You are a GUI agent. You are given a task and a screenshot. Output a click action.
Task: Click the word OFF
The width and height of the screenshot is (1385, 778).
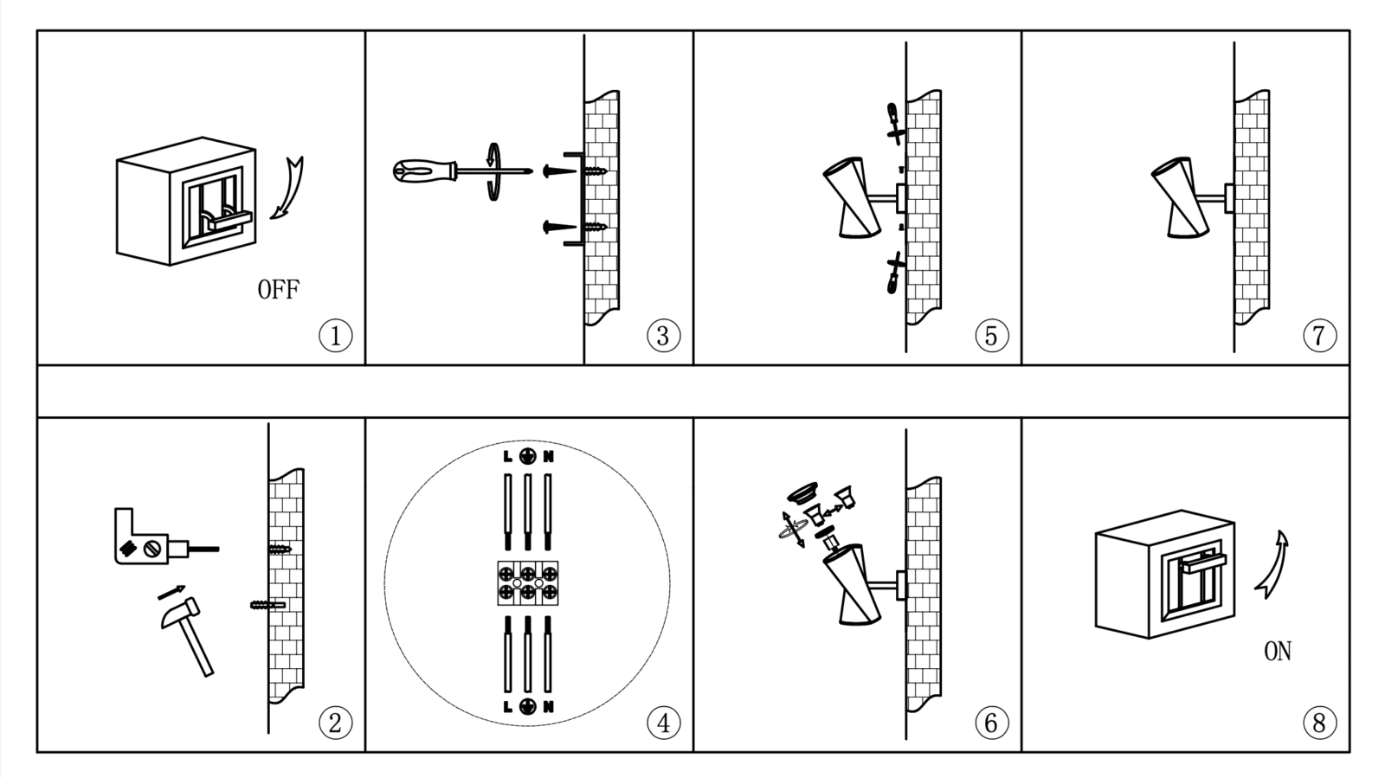pos(278,289)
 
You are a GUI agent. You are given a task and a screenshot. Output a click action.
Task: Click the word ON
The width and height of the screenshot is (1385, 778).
pos(1278,651)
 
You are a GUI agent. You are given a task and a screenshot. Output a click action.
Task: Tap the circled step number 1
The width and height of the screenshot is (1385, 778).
pos(335,336)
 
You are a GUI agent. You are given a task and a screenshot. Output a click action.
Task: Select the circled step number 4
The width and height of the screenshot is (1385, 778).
pos(663,723)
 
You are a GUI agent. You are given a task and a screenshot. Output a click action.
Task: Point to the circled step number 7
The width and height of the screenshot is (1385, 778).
pos(1319,336)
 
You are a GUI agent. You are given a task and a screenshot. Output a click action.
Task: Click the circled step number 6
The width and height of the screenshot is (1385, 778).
pos(991,723)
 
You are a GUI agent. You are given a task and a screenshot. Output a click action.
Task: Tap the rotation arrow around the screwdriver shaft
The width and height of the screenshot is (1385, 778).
pos(493,172)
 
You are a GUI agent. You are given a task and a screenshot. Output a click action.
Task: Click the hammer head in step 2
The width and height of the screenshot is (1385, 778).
pos(180,613)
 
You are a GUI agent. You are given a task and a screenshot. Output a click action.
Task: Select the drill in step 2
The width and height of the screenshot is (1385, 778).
pos(167,537)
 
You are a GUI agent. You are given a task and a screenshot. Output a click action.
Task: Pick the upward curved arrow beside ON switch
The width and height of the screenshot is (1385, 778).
pos(1272,564)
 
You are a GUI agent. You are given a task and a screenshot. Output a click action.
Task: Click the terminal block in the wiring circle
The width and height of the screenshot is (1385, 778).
pos(527,582)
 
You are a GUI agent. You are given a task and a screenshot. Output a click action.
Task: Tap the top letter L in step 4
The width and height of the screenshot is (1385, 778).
pos(507,457)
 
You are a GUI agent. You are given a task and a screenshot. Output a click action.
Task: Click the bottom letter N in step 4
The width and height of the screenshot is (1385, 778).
pos(548,707)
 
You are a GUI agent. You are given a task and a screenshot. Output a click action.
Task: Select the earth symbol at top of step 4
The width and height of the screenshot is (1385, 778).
pos(527,456)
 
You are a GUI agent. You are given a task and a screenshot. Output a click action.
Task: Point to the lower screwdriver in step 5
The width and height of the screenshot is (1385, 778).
pos(894,273)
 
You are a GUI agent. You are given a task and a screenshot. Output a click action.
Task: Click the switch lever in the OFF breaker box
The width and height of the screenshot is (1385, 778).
pos(229,220)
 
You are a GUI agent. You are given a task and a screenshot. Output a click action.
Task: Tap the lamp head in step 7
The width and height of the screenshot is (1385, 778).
pos(1179,197)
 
